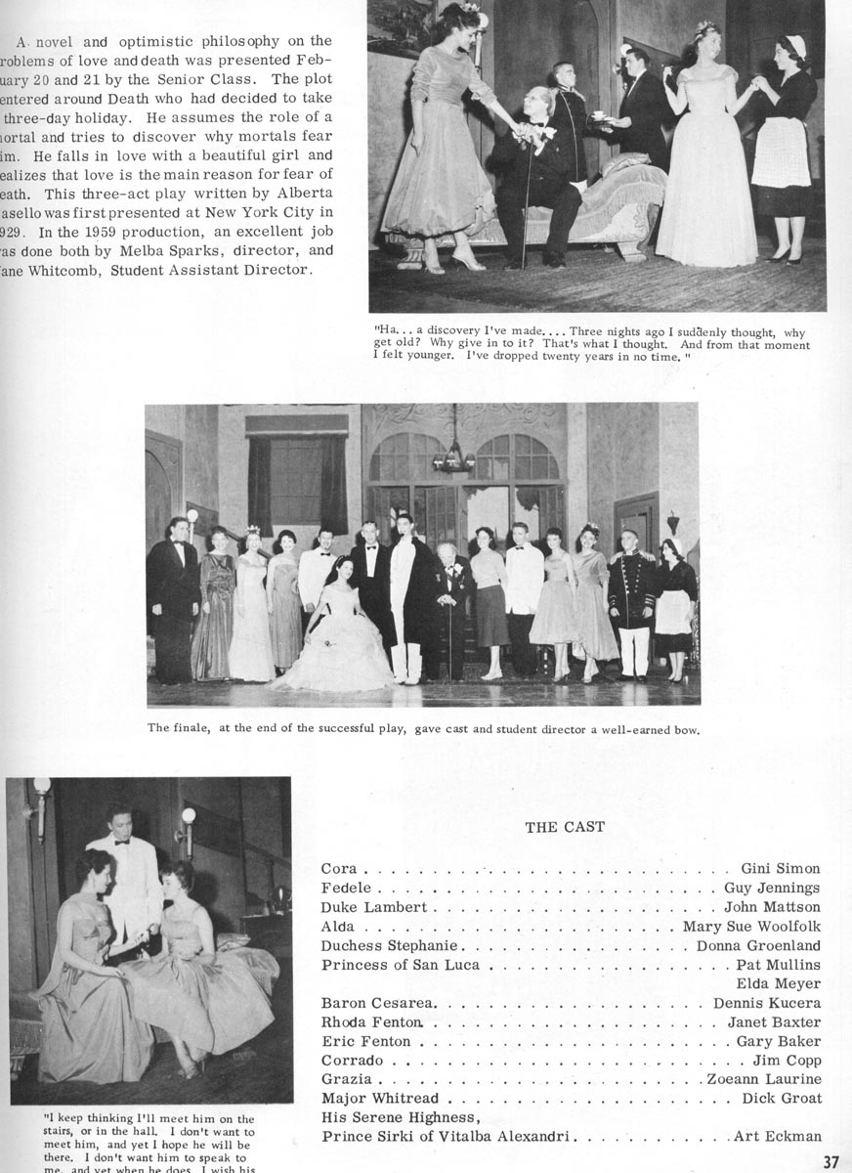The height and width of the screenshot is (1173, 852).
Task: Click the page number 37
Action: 831,1161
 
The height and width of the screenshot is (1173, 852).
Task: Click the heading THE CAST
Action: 565,827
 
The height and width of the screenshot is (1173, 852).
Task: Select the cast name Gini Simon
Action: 780,868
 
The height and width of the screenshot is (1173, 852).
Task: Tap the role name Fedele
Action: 346,889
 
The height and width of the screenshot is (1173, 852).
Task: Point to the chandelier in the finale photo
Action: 453,456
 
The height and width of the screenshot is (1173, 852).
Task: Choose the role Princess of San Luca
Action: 402,965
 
